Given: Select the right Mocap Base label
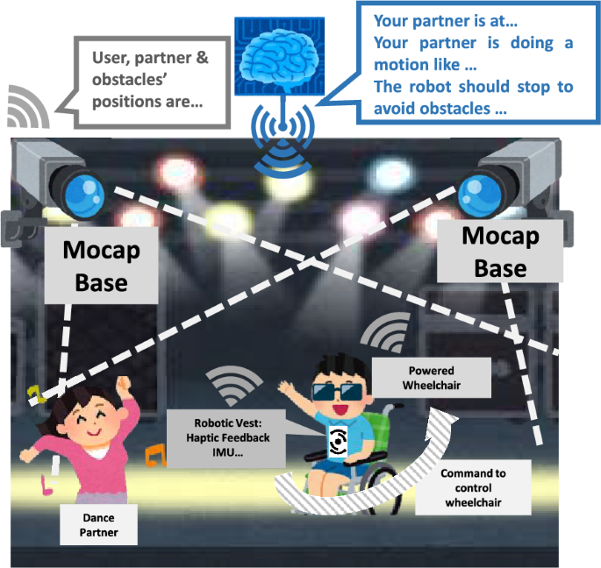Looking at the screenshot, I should point(499,251).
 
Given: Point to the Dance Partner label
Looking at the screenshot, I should point(94,524).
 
